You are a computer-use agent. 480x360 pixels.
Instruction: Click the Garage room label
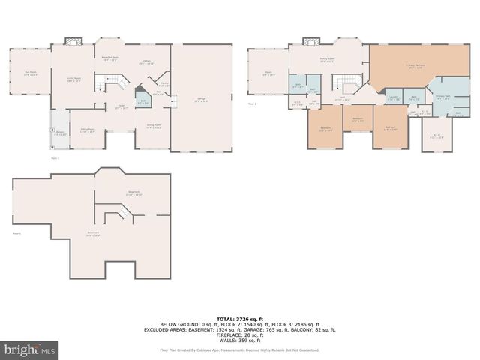click(202, 100)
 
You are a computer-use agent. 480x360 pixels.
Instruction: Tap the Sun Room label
click(31, 73)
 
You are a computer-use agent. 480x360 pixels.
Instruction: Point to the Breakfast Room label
click(109, 58)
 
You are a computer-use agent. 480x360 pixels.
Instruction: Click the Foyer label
click(120, 106)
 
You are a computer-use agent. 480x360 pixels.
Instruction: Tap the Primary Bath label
click(442, 97)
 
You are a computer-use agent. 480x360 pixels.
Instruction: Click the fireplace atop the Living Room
click(73, 41)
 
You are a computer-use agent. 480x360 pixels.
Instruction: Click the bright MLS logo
click(29, 349)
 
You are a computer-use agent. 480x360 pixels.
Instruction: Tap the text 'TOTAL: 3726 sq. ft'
click(239, 319)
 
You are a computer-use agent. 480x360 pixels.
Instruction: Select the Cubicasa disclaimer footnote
click(239, 350)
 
